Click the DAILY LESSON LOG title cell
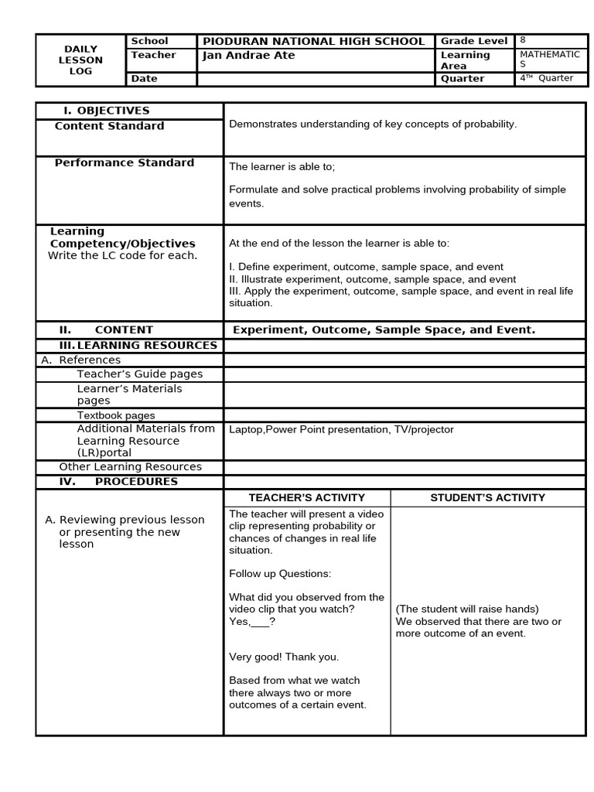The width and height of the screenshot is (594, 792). click(80, 60)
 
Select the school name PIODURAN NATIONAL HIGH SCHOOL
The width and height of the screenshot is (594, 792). click(313, 42)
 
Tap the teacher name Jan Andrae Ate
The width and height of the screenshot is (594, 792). click(248, 56)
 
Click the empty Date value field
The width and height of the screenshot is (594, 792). click(316, 79)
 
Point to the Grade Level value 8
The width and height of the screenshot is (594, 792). click(523, 40)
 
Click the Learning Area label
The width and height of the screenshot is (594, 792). click(465, 60)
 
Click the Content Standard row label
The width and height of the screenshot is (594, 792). click(109, 126)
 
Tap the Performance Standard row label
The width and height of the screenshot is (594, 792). click(124, 163)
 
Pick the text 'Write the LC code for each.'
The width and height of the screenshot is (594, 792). click(122, 256)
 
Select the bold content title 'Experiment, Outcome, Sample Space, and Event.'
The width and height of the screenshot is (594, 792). click(384, 330)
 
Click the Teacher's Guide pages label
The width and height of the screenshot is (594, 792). click(139, 374)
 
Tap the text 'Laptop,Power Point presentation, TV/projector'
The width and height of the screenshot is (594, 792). click(341, 430)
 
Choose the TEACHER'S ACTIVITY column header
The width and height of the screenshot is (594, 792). click(306, 498)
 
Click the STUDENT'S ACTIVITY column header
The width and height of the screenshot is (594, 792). click(487, 498)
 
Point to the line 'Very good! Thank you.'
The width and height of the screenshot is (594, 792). click(284, 657)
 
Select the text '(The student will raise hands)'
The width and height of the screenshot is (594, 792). click(467, 609)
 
